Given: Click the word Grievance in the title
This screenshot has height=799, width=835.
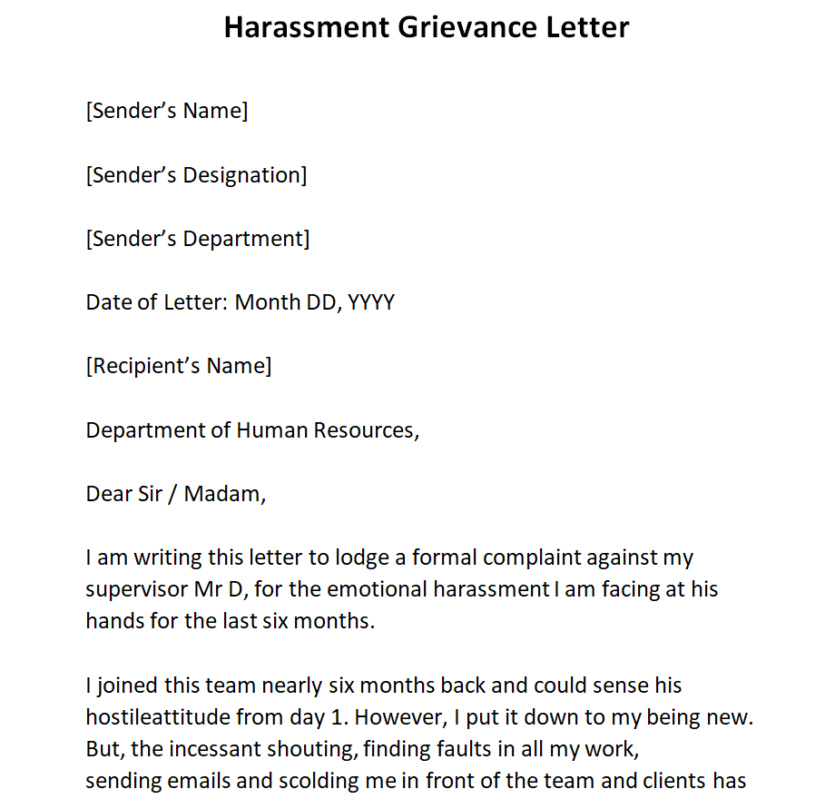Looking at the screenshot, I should pyautogui.click(x=448, y=27).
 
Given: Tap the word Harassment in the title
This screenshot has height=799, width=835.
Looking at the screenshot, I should pyautogui.click(x=305, y=27).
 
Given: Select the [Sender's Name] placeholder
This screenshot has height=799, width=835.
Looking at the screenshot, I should pyautogui.click(x=167, y=111).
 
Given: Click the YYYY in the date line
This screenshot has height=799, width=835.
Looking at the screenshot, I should pyautogui.click(x=371, y=302).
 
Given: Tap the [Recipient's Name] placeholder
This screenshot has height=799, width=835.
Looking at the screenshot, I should pyautogui.click(x=179, y=366).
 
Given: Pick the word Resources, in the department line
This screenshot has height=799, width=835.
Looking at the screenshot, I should pyautogui.click(x=367, y=429).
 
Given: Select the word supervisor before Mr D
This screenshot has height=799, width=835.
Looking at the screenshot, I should pyautogui.click(x=136, y=589).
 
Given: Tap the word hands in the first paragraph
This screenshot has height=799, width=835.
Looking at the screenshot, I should pyautogui.click(x=113, y=621).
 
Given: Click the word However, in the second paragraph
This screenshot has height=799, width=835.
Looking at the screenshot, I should pyautogui.click(x=397, y=716).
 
